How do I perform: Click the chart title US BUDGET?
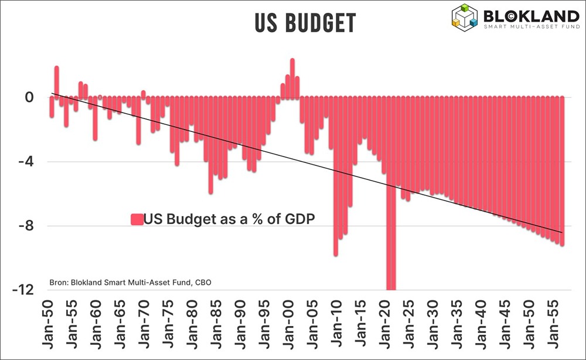[305, 22]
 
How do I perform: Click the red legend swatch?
[137, 219]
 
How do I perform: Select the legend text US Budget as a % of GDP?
[230, 219]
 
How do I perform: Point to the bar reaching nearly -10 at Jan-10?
[336, 176]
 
